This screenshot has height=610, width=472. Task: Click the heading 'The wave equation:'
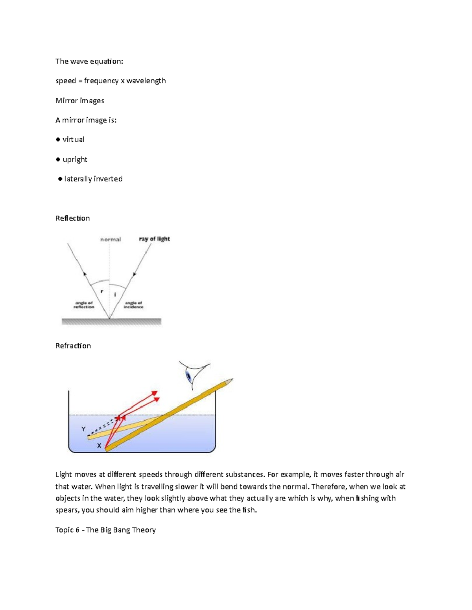pyautogui.click(x=89, y=61)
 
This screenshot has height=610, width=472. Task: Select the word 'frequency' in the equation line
pyautogui.click(x=101, y=81)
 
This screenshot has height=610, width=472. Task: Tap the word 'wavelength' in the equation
pyautogui.click(x=146, y=81)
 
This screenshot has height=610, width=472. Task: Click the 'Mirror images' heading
pyautogui.click(x=80, y=101)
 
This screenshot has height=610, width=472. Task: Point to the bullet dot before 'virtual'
pyautogui.click(x=58, y=139)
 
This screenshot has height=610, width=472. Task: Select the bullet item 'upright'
pyautogui.click(x=75, y=159)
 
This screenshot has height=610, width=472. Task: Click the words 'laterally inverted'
pyautogui.click(x=93, y=179)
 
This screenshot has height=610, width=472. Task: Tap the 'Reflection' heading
pyautogui.click(x=72, y=218)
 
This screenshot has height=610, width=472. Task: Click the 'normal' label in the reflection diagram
pyautogui.click(x=111, y=239)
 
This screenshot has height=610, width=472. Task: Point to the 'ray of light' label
pyautogui.click(x=154, y=239)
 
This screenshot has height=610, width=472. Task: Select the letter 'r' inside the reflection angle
pyautogui.click(x=102, y=291)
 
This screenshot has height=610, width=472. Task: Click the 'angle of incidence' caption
pyautogui.click(x=133, y=305)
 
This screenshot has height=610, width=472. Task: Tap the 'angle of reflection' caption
pyautogui.click(x=84, y=305)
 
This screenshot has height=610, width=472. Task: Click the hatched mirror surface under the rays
pyautogui.click(x=111, y=322)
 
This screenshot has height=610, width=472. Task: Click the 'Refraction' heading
pyautogui.click(x=73, y=346)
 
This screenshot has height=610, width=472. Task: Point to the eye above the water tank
pyautogui.click(x=191, y=375)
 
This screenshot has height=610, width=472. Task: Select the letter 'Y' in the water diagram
pyautogui.click(x=83, y=429)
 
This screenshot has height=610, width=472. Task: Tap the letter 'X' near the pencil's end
pyautogui.click(x=99, y=446)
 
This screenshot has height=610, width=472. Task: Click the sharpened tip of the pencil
pyautogui.click(x=231, y=380)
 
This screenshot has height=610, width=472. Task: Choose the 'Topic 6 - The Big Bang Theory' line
pyautogui.click(x=105, y=530)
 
